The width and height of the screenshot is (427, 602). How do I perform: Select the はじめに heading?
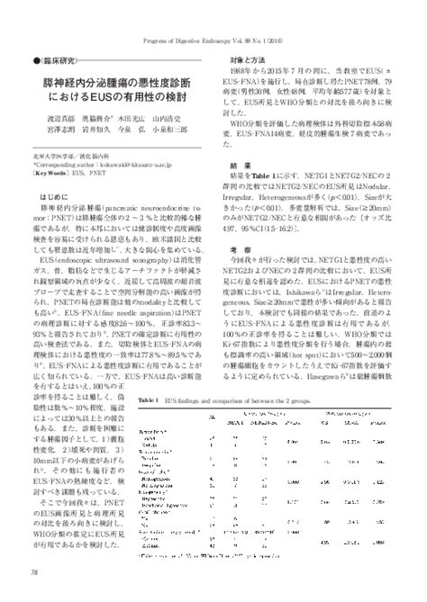coord(56,220)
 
